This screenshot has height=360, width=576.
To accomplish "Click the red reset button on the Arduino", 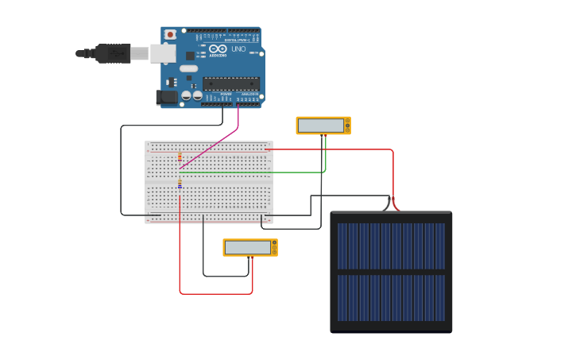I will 170,35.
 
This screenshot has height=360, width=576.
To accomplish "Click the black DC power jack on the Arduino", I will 167,97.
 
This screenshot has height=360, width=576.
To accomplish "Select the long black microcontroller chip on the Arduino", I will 230,83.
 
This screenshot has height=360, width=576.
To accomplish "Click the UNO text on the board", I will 238,49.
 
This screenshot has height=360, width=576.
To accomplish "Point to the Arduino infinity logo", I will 217,48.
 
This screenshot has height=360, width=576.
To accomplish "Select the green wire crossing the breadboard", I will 254,172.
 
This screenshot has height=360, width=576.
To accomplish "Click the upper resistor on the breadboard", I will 180,157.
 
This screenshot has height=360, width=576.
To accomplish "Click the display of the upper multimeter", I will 321,126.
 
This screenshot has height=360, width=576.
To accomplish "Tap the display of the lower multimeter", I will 248,248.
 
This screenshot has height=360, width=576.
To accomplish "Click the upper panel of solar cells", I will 391,246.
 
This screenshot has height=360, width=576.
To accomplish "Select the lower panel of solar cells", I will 391,298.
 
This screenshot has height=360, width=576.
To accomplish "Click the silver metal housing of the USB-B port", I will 163,53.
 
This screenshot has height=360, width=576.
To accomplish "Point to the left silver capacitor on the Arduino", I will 186,95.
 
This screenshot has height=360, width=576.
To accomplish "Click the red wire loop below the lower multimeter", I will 215,294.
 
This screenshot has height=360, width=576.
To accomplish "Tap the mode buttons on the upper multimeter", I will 347,126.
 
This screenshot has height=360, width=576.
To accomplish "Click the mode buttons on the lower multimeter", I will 275,248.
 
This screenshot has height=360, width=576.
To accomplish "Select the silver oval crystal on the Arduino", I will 188,68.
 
